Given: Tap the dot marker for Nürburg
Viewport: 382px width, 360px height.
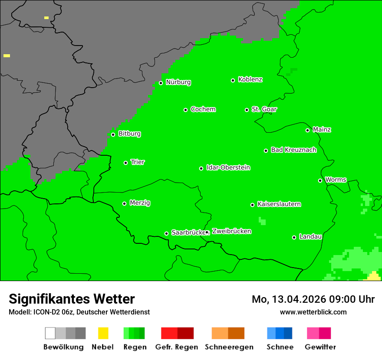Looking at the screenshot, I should [161, 83].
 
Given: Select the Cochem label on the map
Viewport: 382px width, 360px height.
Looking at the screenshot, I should [203, 109].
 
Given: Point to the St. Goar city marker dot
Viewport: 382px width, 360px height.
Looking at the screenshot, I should [247, 110].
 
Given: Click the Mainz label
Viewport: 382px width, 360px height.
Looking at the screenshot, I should [322, 130].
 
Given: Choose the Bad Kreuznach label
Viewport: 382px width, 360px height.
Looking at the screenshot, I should [293, 150].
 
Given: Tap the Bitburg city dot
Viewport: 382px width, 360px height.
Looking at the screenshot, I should [113, 134].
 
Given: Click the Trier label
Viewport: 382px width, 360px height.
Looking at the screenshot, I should [138, 162].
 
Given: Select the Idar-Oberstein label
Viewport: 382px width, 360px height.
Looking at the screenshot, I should [228, 168].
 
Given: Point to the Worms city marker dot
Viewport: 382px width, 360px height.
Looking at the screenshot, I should [320, 180].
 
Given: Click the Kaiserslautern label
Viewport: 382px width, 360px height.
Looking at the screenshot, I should [279, 204].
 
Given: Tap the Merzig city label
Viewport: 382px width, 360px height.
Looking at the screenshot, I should [140, 203].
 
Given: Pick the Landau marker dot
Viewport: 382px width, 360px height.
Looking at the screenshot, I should [294, 237].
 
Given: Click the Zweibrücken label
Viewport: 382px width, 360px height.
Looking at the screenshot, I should [231, 232].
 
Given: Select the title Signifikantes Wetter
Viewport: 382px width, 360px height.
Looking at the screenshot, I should [72, 299].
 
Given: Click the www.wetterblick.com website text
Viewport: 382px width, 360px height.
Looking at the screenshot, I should [313, 312].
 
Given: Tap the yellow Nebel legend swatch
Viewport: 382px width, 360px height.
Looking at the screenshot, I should [103, 333].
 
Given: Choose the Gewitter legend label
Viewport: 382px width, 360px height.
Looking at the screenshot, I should [320, 347].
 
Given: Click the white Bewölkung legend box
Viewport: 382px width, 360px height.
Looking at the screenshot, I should [50, 333].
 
